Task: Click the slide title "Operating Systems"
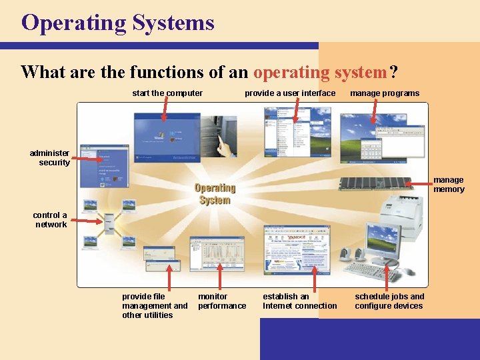[118, 23]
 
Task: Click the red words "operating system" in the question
[321, 71]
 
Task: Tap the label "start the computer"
[167, 93]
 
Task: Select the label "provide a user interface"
[290, 93]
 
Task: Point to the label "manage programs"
[385, 93]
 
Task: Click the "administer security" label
[50, 158]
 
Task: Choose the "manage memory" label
[449, 185]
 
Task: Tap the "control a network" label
[51, 220]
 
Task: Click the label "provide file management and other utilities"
[155, 306]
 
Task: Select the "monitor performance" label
[222, 301]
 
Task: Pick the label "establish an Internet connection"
[300, 301]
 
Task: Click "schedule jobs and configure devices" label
[389, 301]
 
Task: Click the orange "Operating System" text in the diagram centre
[215, 194]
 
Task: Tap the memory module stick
[376, 183]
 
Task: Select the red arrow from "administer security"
[87, 158]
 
